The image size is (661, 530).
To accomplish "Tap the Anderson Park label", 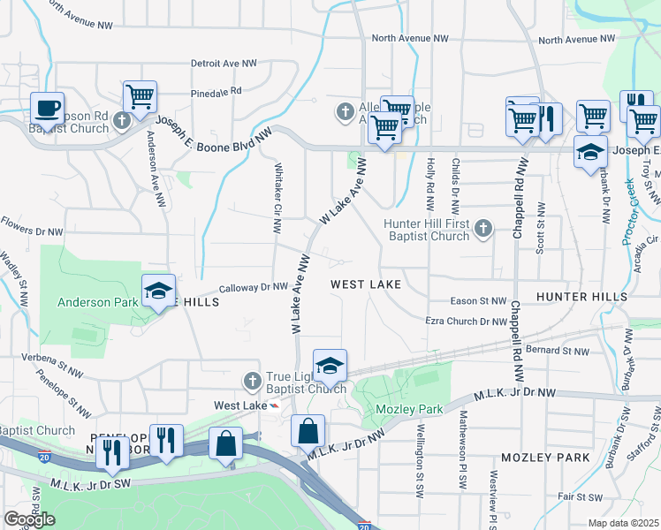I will [97, 302].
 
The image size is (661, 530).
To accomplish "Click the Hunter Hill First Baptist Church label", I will [427, 230].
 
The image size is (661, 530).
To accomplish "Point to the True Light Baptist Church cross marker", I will [252, 381].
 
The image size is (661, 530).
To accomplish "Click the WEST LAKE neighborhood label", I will [366, 284].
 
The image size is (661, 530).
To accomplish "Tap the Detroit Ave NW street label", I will [224, 64].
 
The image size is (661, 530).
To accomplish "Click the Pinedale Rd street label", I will [217, 91].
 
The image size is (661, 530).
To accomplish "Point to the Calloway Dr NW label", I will [254, 287].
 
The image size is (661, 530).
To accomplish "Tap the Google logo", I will [29, 519].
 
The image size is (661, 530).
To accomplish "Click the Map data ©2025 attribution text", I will [624, 523].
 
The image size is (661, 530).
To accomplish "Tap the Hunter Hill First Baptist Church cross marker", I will [482, 230].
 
